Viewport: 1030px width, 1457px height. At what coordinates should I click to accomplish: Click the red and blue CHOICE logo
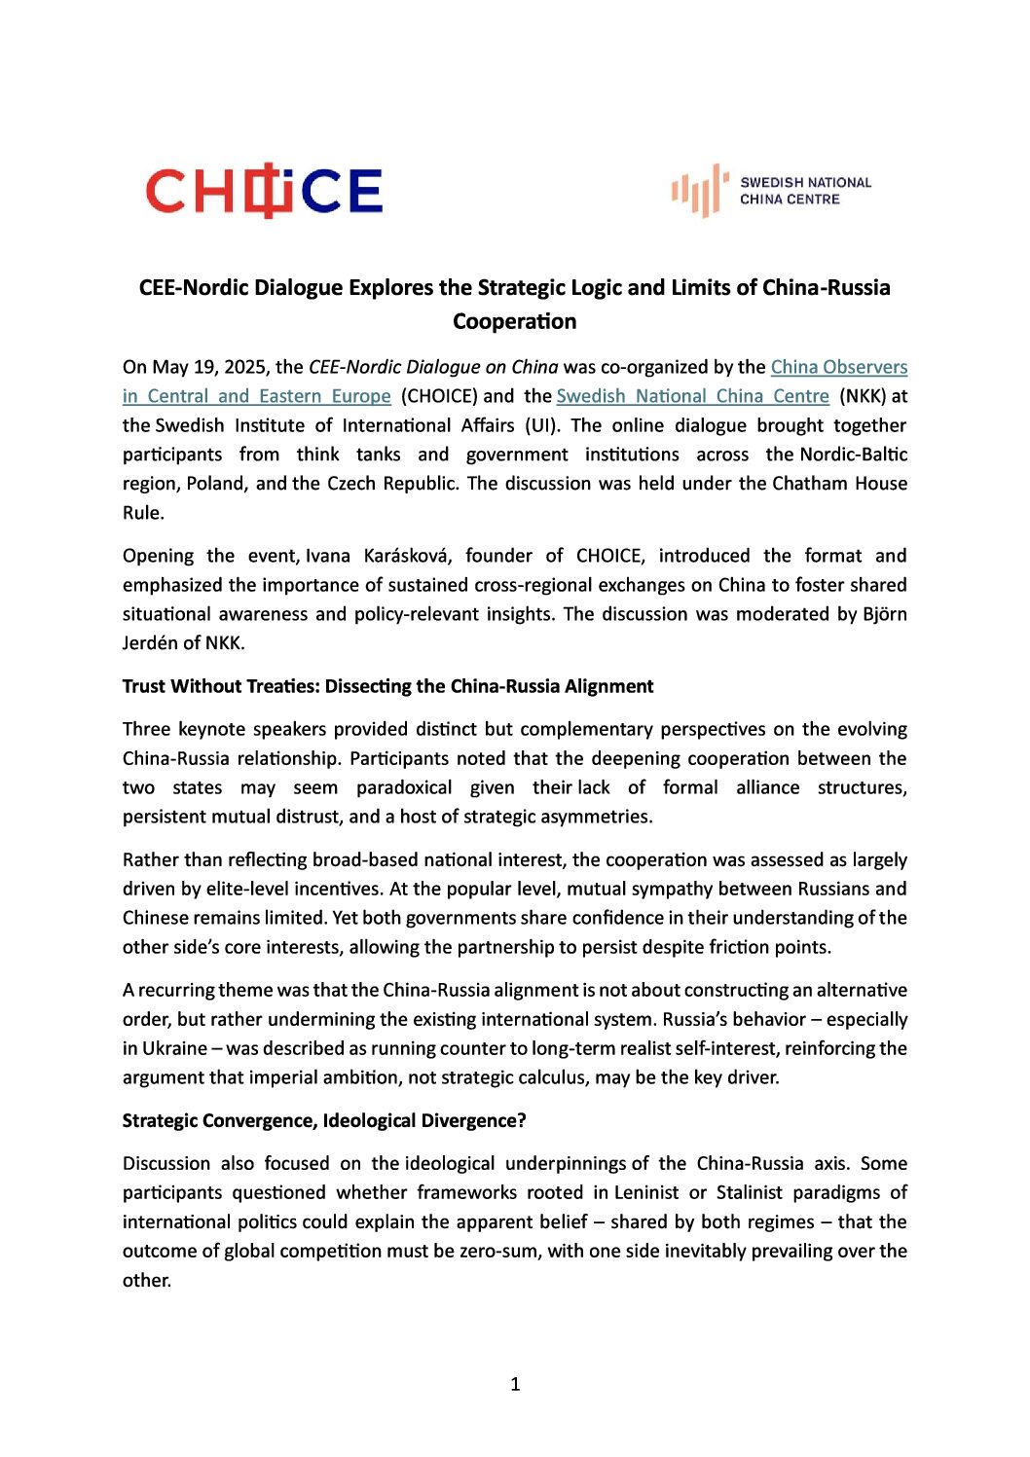pyautogui.click(x=264, y=191)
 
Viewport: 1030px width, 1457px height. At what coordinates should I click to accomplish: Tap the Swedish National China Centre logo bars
pyautogui.click(x=698, y=191)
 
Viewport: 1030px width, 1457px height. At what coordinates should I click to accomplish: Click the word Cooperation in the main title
pyautogui.click(x=514, y=321)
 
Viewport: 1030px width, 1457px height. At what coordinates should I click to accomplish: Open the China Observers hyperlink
pyautogui.click(x=838, y=367)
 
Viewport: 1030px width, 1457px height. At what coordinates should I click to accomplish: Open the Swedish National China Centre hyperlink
pyautogui.click(x=692, y=396)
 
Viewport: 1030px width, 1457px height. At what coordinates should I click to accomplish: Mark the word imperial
pyautogui.click(x=328, y=1077)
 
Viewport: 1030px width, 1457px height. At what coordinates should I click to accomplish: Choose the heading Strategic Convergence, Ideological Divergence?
pyautogui.click(x=324, y=1120)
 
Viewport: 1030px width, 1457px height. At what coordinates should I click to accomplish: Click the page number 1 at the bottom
pyautogui.click(x=515, y=1384)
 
